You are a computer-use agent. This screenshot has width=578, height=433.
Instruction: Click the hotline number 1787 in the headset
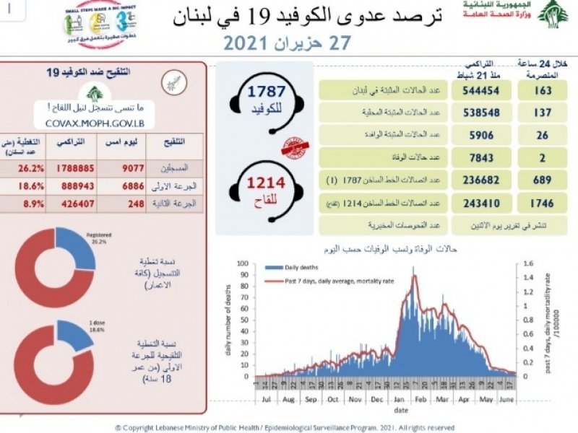pos(267,92)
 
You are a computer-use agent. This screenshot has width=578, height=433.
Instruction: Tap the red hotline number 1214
pos(267,183)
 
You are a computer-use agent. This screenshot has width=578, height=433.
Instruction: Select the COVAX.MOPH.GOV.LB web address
pos(95,123)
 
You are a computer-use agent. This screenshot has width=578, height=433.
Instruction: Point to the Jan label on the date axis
pos(398,398)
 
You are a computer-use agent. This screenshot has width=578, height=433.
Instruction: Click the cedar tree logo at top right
pos(552,14)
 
